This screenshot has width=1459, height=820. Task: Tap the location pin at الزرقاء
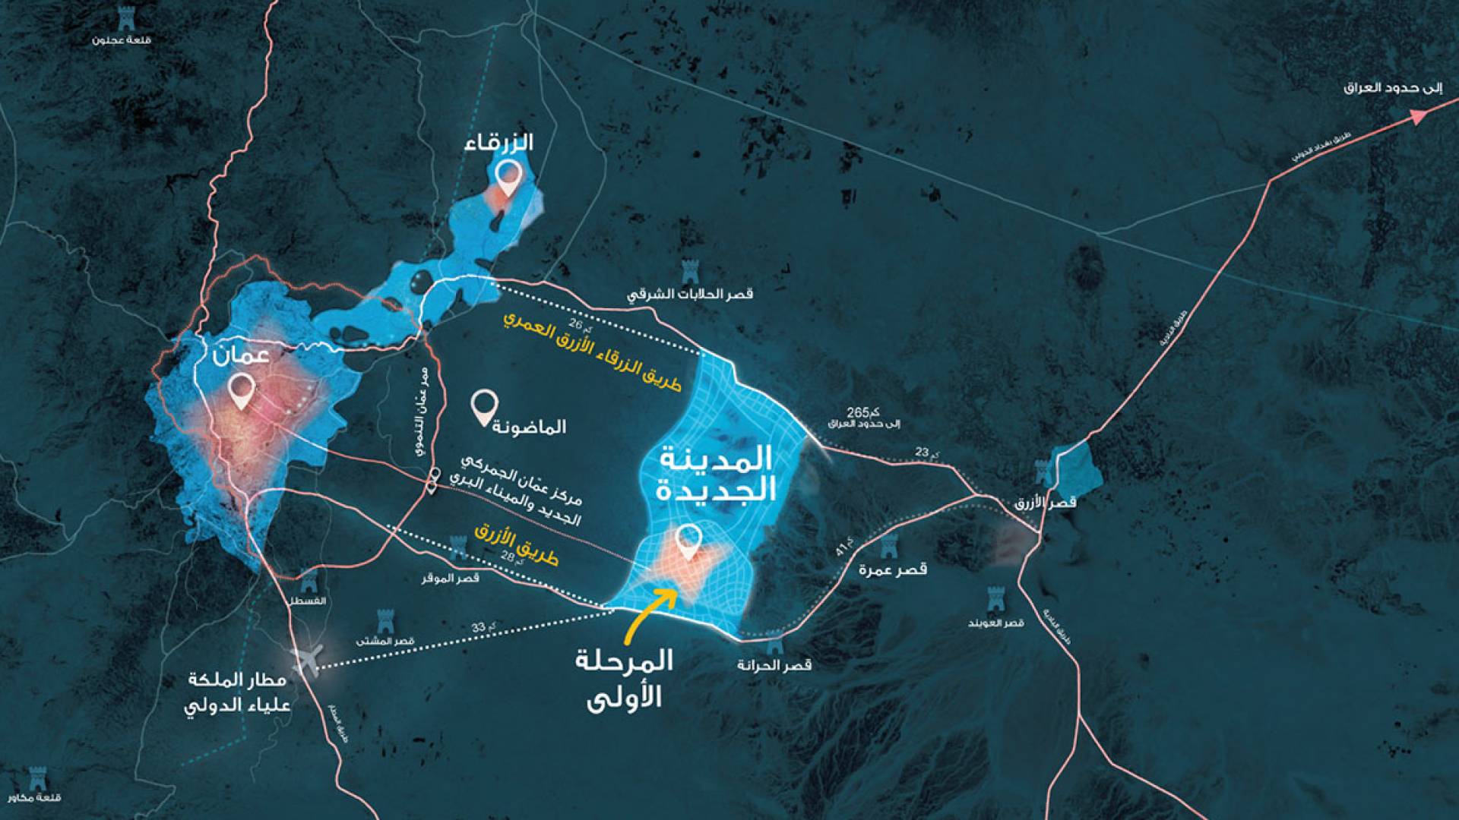tap(507, 177)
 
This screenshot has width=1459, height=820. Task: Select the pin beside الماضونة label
tap(484, 406)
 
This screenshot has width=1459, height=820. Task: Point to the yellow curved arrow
tap(650, 611)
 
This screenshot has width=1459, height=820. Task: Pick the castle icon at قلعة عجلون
tap(122, 17)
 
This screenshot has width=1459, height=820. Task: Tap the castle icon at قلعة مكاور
tap(36, 778)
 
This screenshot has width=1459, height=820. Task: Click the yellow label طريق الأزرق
tap(517, 544)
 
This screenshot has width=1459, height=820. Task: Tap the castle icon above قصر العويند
tap(995, 599)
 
